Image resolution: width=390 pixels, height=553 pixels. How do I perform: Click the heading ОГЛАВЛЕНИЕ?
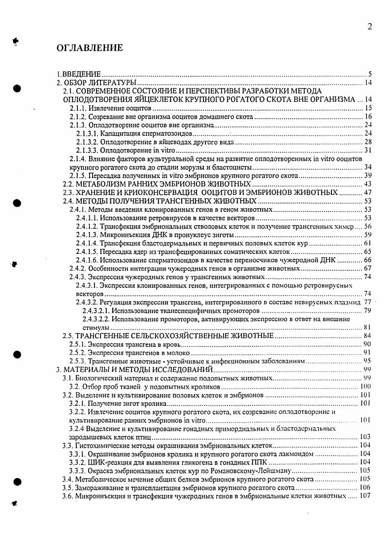click(x=90, y=48)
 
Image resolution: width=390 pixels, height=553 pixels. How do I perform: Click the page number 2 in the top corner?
click(x=369, y=27)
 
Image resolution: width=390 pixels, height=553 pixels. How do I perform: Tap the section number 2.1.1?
click(x=79, y=108)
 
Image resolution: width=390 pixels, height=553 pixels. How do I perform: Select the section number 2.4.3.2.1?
click(x=96, y=310)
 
